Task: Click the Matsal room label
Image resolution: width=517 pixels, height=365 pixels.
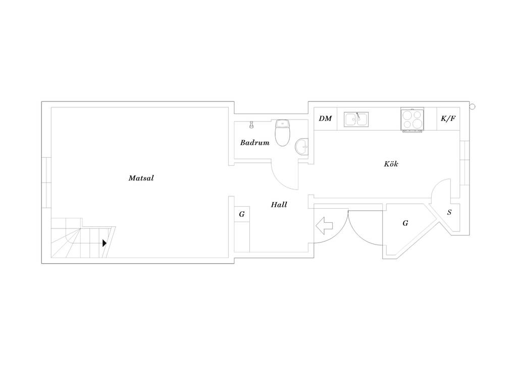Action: click(x=141, y=178)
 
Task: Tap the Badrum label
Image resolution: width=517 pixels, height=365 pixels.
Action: click(x=254, y=143)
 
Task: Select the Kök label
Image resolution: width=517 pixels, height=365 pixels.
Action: click(x=391, y=163)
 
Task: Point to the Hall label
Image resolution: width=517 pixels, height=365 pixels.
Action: click(x=279, y=205)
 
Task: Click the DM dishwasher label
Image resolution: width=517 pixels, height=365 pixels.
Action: click(x=325, y=118)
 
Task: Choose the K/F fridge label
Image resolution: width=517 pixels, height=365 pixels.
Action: click(x=448, y=118)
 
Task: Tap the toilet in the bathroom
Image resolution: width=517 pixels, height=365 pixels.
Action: click(x=283, y=133)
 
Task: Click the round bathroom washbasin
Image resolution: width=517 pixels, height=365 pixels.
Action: click(x=301, y=147)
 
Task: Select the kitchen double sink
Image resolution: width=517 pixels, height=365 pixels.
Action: click(x=356, y=119)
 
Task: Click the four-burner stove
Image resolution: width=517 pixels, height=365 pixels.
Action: click(x=412, y=119)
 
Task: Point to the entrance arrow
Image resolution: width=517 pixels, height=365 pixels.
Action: click(x=324, y=225)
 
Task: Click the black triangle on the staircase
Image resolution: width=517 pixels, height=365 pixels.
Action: click(x=105, y=243)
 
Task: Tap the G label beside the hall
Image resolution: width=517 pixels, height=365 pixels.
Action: click(x=242, y=214)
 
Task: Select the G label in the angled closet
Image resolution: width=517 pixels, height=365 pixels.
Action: click(x=405, y=223)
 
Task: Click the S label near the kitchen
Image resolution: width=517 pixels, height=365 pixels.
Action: click(x=449, y=213)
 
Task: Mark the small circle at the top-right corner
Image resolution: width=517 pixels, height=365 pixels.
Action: click(x=472, y=106)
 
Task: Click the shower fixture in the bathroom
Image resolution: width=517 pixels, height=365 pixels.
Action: click(x=251, y=125)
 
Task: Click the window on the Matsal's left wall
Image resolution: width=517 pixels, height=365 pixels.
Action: click(x=46, y=182)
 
